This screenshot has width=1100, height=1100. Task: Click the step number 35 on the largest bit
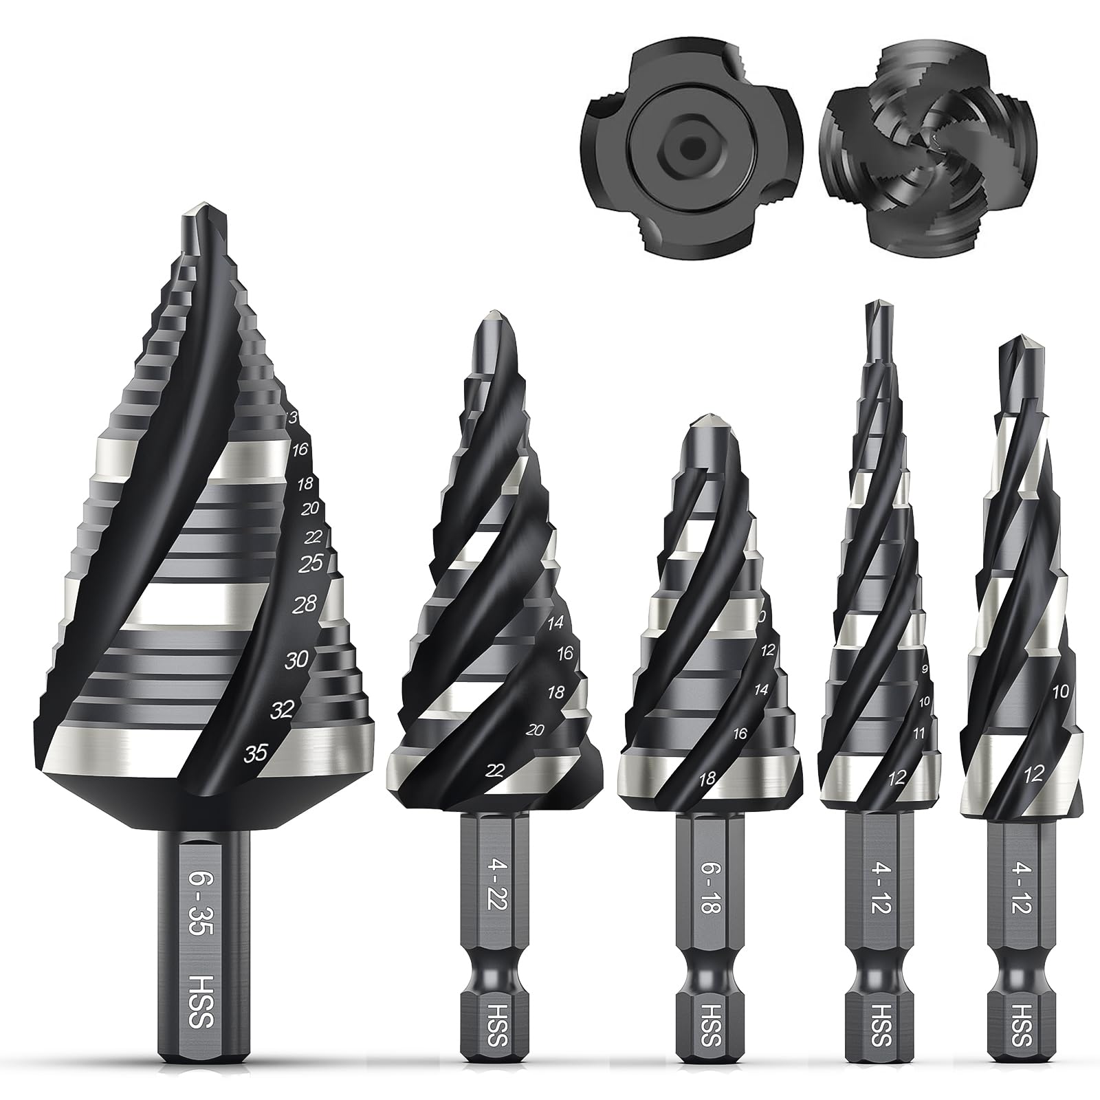(x=256, y=753)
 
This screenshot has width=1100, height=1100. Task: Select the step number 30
(x=296, y=660)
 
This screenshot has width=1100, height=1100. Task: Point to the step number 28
(x=305, y=605)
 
